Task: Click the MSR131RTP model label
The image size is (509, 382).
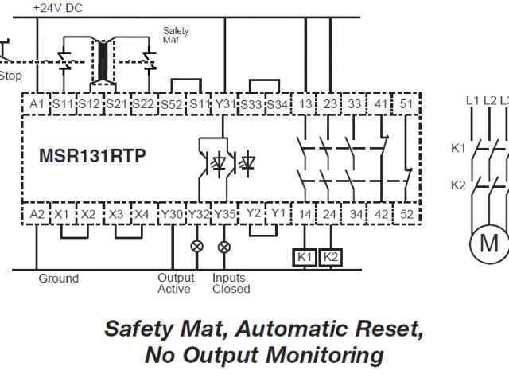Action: [92, 155]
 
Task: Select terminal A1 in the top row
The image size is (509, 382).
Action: [37, 105]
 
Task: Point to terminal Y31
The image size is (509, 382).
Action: [226, 105]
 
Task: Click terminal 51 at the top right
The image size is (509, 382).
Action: [406, 105]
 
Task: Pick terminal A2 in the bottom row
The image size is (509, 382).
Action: [37, 214]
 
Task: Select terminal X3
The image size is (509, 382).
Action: [116, 214]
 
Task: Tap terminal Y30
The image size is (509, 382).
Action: [171, 214]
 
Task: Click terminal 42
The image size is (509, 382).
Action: [381, 214]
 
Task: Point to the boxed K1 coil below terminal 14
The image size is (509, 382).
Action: [305, 257]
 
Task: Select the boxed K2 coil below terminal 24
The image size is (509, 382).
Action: [332, 257]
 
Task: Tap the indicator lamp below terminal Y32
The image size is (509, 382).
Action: [197, 247]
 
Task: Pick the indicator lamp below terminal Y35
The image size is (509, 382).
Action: [223, 247]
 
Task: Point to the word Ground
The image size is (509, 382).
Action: [59, 279]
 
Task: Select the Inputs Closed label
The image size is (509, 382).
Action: [230, 283]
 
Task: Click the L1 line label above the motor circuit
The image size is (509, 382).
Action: [472, 100]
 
